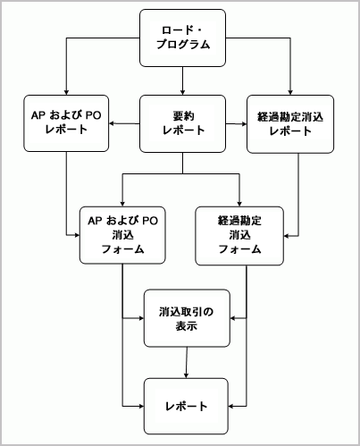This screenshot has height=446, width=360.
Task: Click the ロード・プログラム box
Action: [182, 38]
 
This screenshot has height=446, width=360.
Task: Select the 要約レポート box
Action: [182, 122]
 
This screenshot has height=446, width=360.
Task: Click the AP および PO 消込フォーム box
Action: [123, 234]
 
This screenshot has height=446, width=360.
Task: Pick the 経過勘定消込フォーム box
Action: [239, 234]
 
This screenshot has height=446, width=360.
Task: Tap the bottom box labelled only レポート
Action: [187, 406]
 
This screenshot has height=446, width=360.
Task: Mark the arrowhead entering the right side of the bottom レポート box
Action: [232, 406]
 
